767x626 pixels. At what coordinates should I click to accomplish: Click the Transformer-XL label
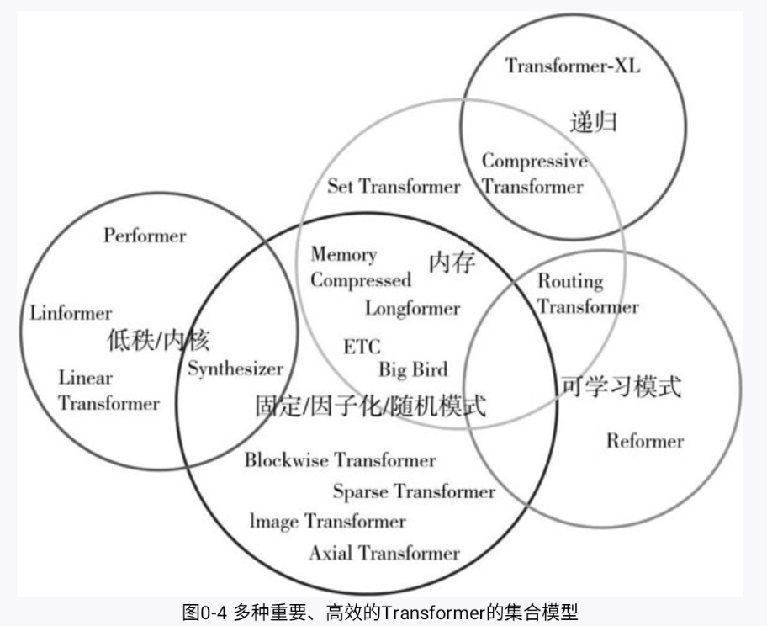pyautogui.click(x=572, y=66)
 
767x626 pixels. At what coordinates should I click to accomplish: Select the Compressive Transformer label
pyautogui.click(x=533, y=173)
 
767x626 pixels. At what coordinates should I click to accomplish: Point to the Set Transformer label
pyautogui.click(x=394, y=186)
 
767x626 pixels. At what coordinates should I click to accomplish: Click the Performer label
pyautogui.click(x=145, y=236)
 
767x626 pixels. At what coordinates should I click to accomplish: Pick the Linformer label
pyautogui.click(x=71, y=314)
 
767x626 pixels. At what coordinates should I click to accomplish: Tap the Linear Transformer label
pyautogui.click(x=108, y=391)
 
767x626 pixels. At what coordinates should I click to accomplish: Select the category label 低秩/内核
pyautogui.click(x=158, y=340)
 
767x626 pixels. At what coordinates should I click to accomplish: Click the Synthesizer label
pyautogui.click(x=235, y=369)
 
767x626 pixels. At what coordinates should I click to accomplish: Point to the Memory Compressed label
pyautogui.click(x=360, y=267)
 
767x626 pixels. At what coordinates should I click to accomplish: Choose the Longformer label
pyautogui.click(x=412, y=308)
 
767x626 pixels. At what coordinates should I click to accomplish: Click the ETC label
pyautogui.click(x=362, y=347)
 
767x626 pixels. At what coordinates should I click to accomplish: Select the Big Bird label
pyautogui.click(x=413, y=369)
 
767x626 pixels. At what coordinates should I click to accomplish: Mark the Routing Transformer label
pyautogui.click(x=587, y=294)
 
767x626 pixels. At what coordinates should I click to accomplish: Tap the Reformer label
pyautogui.click(x=645, y=440)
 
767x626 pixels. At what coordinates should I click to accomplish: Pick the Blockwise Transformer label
pyautogui.click(x=340, y=460)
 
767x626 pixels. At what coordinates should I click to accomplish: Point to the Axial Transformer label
pyautogui.click(x=384, y=553)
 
